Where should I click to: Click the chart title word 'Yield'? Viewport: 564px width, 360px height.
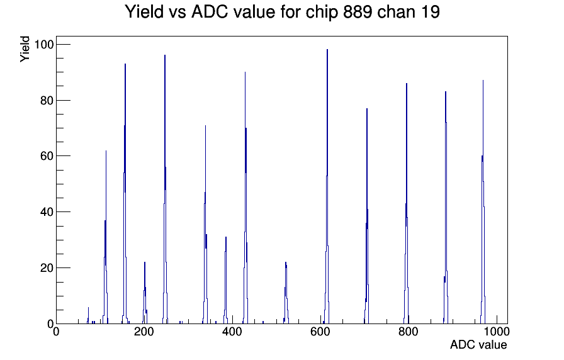[144, 12]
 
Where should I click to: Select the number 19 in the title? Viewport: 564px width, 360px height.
[430, 12]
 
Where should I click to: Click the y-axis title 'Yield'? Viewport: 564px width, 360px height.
[25, 49]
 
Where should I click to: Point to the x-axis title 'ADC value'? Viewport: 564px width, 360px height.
[478, 344]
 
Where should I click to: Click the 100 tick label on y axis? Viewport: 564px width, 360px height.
[43, 45]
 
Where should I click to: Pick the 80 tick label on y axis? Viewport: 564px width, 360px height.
[47, 101]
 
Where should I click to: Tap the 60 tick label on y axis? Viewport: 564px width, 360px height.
[47, 156]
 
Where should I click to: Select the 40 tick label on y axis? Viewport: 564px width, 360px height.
[47, 212]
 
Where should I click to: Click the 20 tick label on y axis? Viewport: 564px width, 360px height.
[47, 268]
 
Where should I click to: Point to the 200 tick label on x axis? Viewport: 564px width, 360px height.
[144, 332]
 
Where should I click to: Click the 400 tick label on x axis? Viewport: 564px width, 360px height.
[232, 332]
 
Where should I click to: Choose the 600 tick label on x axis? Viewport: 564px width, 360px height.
[320, 332]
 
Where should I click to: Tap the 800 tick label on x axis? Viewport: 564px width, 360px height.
[409, 332]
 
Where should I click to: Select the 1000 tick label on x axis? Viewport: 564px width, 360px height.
[496, 332]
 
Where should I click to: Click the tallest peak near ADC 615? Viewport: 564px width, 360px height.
[327, 50]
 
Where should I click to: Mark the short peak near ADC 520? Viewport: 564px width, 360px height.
[286, 262]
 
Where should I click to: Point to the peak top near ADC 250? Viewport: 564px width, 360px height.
[165, 55]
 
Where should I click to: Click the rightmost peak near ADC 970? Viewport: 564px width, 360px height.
[483, 81]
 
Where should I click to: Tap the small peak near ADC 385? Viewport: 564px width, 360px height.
[226, 237]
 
